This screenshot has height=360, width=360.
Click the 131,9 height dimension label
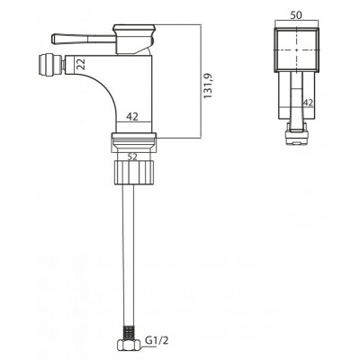208,86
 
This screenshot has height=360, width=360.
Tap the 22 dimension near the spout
80,64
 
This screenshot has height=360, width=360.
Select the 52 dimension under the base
132,157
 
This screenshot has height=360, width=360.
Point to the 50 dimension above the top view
296,14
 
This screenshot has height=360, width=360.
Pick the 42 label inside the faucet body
132,116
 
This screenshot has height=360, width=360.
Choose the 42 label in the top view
308,103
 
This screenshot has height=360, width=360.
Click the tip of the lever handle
52,39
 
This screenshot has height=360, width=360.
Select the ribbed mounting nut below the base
134,172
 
